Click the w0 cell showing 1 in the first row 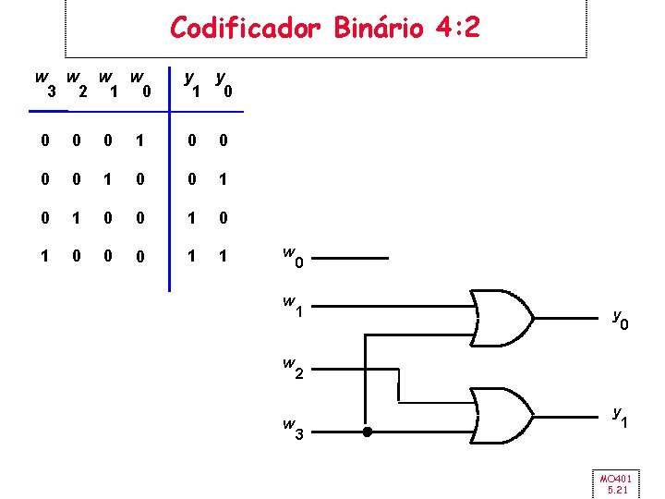coord(138,140)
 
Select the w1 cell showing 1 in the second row coord(109,180)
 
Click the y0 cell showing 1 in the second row coord(222,180)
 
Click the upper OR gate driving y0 coord(500,318)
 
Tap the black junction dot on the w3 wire coord(368,432)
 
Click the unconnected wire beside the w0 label coord(357,260)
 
